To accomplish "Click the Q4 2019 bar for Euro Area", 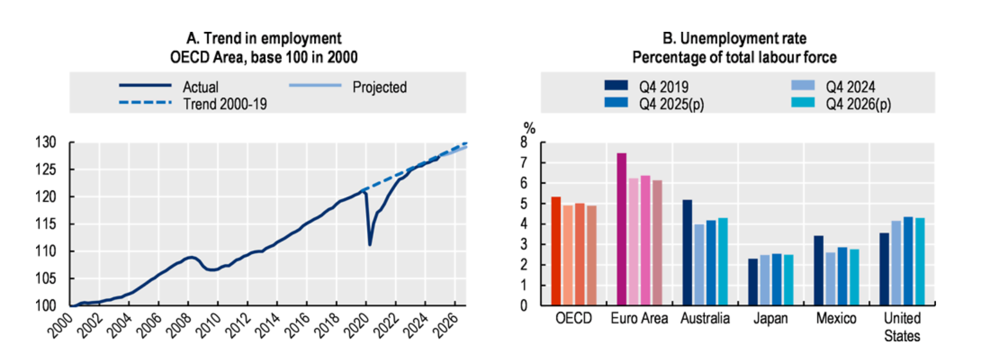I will point(622,229).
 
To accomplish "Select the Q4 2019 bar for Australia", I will point(687,253).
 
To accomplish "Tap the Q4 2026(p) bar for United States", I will point(920,262).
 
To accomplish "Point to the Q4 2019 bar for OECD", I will point(556,251).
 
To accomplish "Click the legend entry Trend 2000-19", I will point(224,104).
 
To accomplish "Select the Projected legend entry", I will point(379,87).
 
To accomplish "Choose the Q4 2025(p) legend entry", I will point(671,104).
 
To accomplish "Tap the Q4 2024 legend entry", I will point(850,87).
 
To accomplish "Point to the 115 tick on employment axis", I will point(46,224).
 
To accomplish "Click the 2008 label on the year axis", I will point(178,325).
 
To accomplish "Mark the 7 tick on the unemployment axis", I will point(524,163).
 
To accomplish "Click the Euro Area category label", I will point(639,318).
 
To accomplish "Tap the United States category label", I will point(902,326).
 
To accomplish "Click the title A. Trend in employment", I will point(264,38).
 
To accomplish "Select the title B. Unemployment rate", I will point(734,38).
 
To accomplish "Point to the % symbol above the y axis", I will point(529,128).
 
